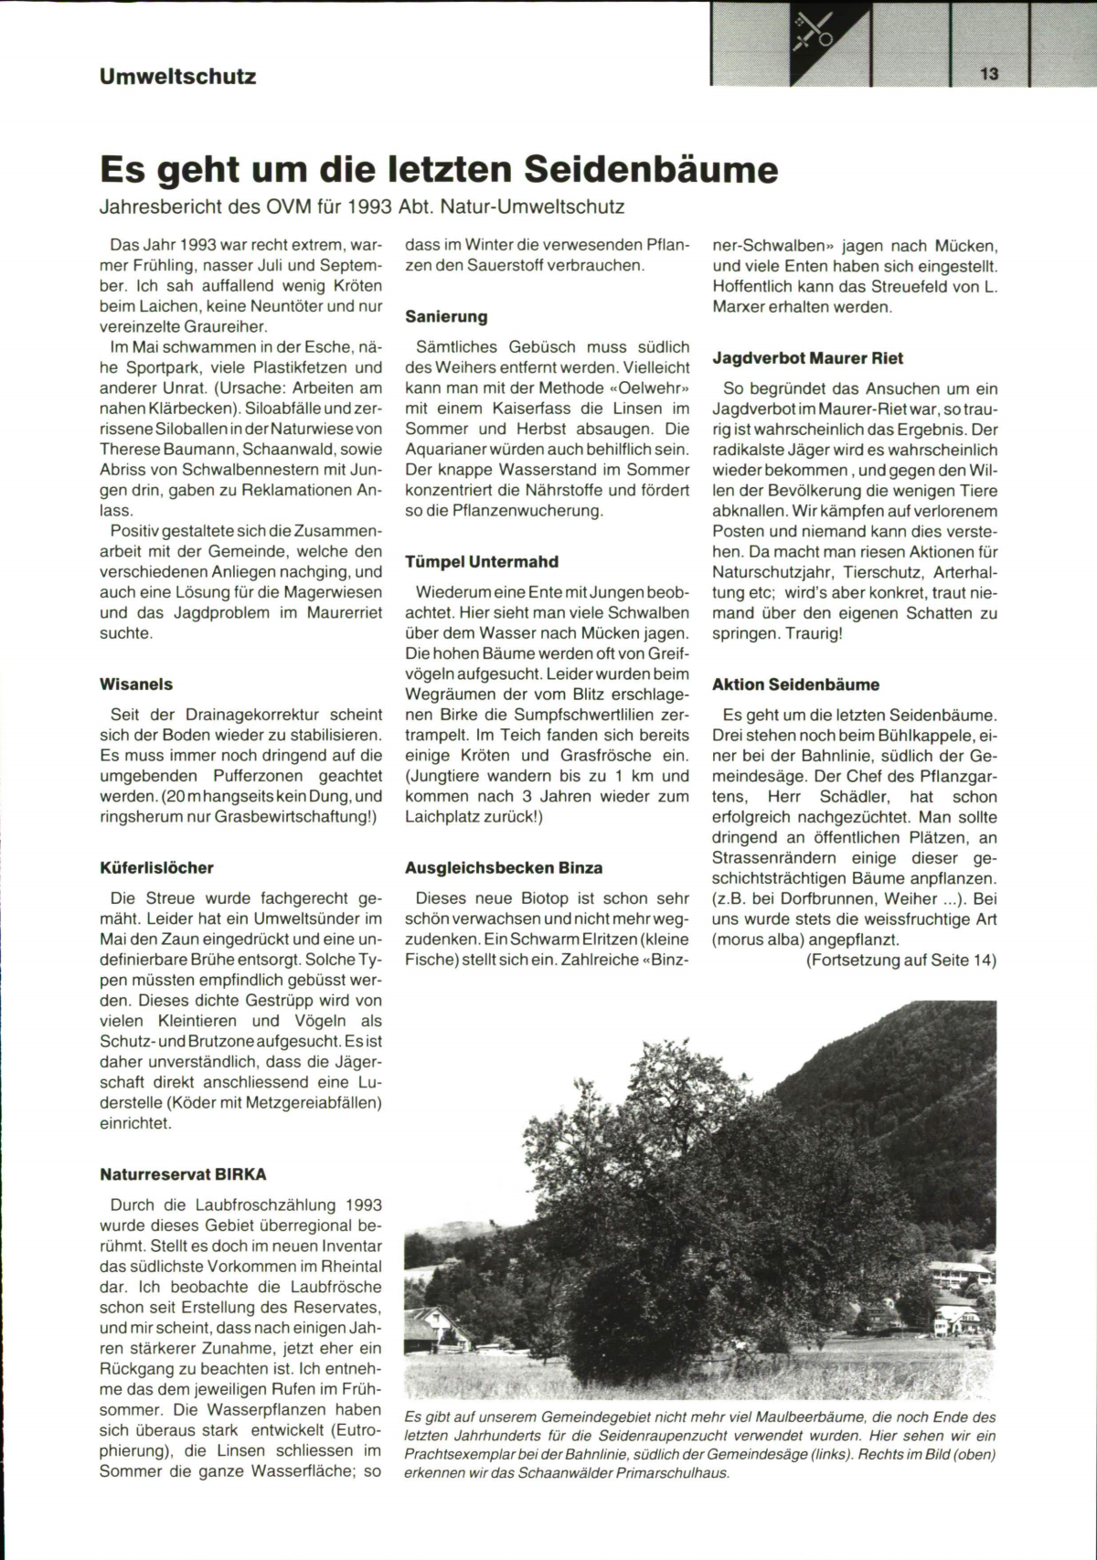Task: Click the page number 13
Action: click(989, 74)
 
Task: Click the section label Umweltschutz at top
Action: click(178, 77)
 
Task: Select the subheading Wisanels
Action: click(135, 684)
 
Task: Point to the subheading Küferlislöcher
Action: click(156, 867)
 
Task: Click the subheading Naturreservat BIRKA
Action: click(183, 1174)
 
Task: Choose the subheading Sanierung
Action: click(446, 316)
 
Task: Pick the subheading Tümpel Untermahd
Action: click(482, 561)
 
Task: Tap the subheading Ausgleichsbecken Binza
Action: click(504, 867)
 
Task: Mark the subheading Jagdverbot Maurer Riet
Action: click(807, 358)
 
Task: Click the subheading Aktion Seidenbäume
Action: click(795, 684)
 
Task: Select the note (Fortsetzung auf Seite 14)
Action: click(900, 960)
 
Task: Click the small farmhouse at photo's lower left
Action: click(437, 1331)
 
